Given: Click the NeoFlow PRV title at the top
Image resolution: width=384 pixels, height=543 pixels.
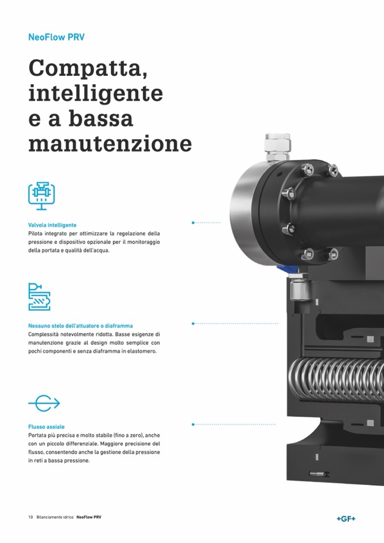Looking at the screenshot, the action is point(56,37).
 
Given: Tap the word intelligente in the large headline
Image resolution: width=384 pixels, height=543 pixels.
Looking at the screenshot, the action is point(96,93).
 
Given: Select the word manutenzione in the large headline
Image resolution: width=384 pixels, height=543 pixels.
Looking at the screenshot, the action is point(110,143).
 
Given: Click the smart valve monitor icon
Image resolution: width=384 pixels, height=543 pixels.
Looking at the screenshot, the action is point(41,196).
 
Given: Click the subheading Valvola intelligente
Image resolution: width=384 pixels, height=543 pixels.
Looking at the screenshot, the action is point(52,225).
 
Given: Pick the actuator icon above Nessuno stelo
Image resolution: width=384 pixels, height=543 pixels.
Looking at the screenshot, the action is point(39,297).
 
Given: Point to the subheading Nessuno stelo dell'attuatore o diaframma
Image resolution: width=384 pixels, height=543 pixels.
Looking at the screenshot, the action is point(80,326).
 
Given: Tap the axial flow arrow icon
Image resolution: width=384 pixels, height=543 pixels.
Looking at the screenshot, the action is point(44,403).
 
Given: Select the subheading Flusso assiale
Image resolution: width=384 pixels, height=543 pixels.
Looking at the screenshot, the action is point(46,427).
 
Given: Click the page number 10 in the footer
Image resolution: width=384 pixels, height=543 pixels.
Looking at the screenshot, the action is point(31,517).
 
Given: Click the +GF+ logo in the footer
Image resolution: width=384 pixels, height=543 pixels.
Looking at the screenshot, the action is point(346,519).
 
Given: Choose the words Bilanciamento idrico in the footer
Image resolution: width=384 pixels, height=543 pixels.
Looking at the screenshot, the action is point(55,517).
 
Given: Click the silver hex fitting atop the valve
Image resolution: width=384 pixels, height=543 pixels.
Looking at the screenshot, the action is point(278,147).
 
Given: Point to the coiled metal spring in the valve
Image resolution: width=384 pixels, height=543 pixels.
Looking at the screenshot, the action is point(336,379).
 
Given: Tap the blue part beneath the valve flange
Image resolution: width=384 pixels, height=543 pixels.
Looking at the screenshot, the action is point(287,268).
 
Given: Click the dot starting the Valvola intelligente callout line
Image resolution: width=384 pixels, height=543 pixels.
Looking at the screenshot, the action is point(193,223).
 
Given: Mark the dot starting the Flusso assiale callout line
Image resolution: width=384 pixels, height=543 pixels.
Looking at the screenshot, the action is point(193,424).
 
